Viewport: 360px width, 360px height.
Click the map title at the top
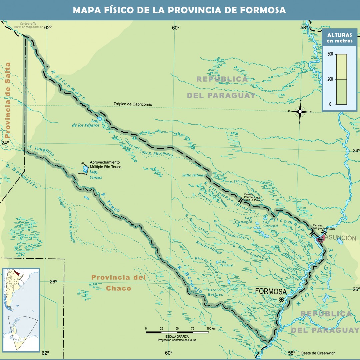coord(179,10)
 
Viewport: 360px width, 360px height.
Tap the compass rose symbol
coord(300,112)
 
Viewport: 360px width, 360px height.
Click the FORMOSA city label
coord(271,291)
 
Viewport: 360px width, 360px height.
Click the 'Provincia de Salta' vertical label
coord(8,100)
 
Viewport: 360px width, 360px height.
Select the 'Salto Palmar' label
coord(193,175)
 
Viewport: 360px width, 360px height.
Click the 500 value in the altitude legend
coord(330,54)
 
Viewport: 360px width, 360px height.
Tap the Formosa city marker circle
coord(282,299)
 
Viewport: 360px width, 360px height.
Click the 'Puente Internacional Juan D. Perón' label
coord(253,197)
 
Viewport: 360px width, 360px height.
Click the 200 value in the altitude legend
coord(330,79)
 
